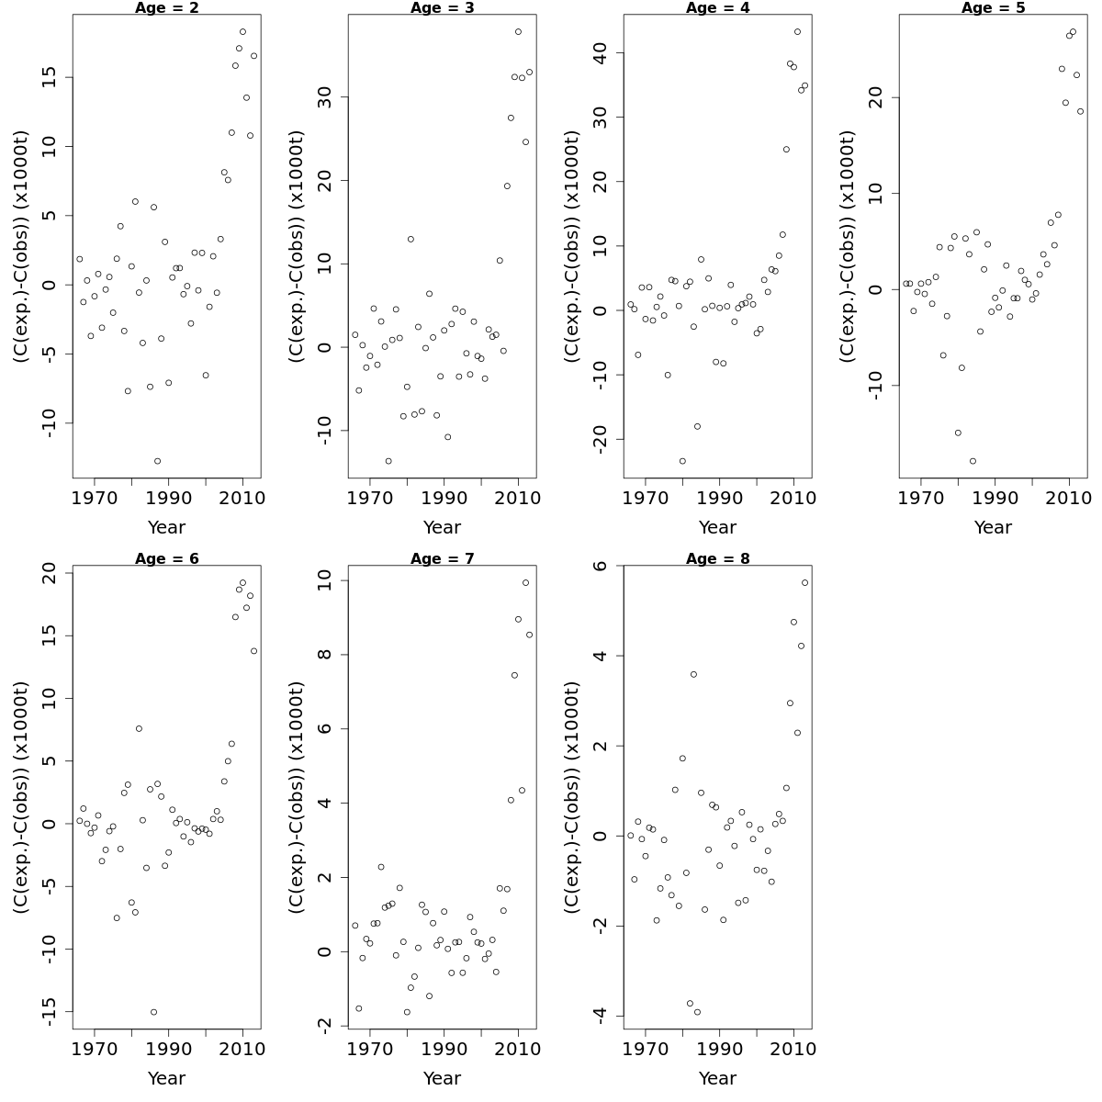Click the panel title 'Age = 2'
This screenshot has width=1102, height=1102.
[166, 8]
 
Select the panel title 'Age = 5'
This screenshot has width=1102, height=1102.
[993, 8]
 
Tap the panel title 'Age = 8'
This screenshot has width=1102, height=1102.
[717, 559]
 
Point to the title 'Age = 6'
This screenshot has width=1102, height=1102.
[166, 559]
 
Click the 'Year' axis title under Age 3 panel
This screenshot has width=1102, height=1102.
[442, 528]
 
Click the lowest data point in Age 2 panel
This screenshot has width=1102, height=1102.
[157, 461]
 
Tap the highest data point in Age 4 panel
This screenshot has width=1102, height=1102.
[797, 31]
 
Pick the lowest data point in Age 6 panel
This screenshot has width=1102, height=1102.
[153, 1012]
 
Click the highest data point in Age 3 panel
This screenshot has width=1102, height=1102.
[518, 31]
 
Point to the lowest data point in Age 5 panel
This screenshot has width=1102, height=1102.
[973, 461]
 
